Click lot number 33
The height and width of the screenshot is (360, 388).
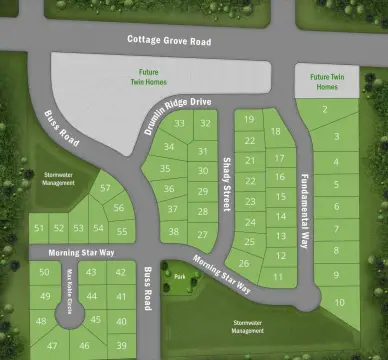(179, 124)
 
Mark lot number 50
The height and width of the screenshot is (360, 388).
(44, 272)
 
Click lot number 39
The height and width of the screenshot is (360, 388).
(121, 345)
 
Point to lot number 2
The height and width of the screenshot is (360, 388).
(327, 111)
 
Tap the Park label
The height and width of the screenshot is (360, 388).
(179, 276)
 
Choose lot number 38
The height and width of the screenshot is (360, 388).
(174, 232)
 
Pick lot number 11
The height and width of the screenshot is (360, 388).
(278, 276)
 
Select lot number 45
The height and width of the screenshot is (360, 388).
(96, 320)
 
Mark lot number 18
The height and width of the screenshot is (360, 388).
(276, 132)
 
